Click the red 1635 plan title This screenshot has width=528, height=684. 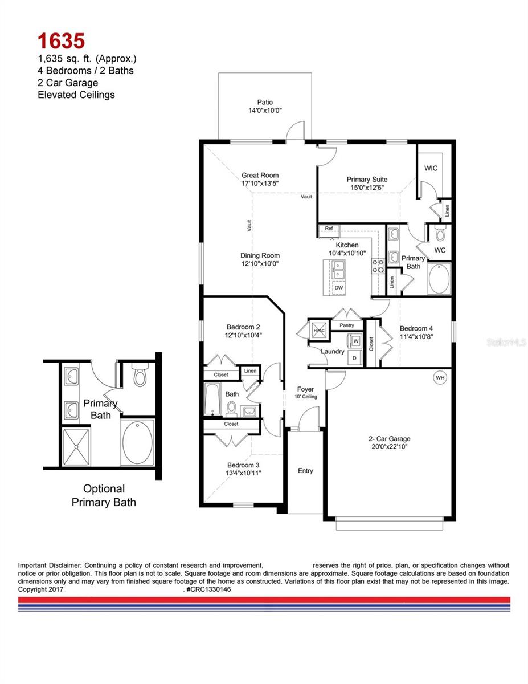[x=62, y=40]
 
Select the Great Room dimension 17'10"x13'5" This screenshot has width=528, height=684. [x=260, y=184]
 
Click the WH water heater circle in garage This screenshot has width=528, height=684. [x=440, y=378]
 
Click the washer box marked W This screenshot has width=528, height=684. [x=355, y=341]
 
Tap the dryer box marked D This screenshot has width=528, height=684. [x=354, y=357]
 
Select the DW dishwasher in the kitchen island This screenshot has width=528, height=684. [x=339, y=288]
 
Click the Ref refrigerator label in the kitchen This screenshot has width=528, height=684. [x=329, y=229]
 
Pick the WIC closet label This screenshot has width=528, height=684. [x=431, y=168]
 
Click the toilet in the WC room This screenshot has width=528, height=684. [x=440, y=234]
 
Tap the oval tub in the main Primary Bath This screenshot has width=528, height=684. [x=439, y=279]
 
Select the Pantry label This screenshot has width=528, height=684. [x=347, y=325]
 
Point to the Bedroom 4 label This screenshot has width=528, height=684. [x=416, y=328]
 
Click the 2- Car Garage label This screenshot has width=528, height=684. [x=389, y=439]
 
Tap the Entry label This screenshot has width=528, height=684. [x=305, y=471]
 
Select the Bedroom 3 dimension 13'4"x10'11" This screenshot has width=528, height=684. [x=244, y=473]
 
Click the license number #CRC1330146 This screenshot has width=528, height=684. [x=208, y=589]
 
